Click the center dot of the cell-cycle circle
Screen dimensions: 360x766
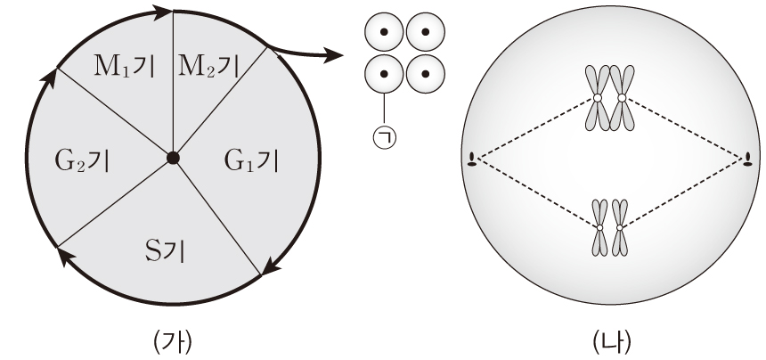[x=173, y=158]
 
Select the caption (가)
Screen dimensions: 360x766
[x=172, y=340]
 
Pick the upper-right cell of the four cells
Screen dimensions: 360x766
[x=425, y=33]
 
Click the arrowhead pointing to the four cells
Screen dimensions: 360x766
[x=334, y=57]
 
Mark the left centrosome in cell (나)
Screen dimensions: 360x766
[x=471, y=160]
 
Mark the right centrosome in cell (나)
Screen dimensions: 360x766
[x=747, y=160]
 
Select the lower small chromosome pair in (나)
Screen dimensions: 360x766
[x=609, y=229]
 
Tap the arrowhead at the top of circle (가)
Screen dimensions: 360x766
[x=160, y=12]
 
